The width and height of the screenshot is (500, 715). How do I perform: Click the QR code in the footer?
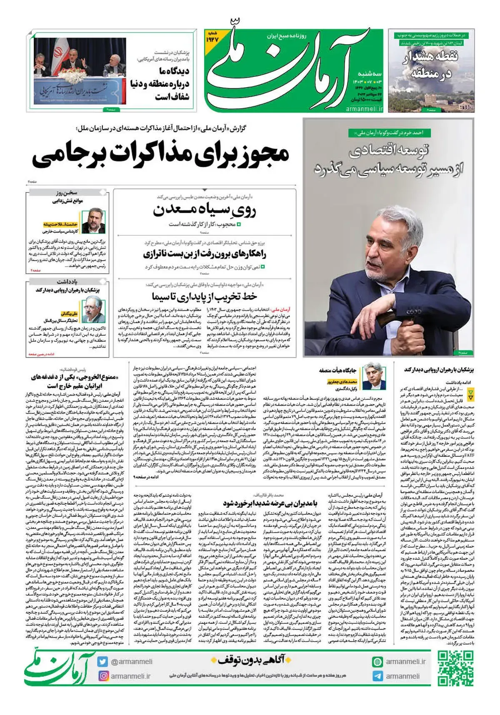point(455,668)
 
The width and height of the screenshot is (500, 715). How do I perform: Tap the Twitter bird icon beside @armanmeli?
point(102,661)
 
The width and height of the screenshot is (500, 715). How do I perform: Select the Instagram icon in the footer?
point(102,676)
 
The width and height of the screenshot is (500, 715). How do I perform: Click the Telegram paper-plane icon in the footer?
point(377,676)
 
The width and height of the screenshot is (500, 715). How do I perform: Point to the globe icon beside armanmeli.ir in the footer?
point(377,662)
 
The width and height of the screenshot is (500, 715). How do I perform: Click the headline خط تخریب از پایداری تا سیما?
point(204,297)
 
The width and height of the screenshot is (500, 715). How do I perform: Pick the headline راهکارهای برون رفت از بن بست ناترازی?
point(204,254)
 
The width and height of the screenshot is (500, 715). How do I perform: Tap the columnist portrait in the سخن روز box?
point(93,221)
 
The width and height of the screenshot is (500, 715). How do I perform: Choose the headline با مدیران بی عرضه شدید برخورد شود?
point(270,503)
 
